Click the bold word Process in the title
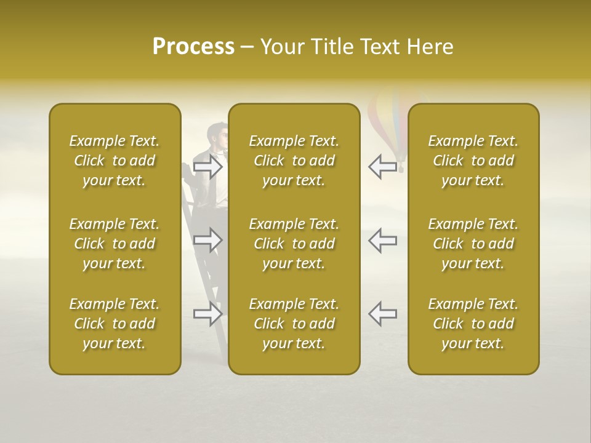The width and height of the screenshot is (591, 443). coord(193,47)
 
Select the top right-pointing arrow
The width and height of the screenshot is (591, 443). coord(208,166)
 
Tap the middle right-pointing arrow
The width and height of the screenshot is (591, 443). coord(208,240)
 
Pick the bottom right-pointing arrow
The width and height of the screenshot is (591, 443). coord(208,314)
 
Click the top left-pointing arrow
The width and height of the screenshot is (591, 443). coord(383,166)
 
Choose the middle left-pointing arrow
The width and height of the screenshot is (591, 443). coord(383,240)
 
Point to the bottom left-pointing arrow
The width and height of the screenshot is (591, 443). coord(383,314)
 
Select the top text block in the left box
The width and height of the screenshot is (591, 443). coord(115,161)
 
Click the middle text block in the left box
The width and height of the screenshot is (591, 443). coord(115,244)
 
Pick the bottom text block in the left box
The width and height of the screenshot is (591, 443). coord(115,324)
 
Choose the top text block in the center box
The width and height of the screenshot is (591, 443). coord(294,161)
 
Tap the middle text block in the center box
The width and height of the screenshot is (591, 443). coord(294,244)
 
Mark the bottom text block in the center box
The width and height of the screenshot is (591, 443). coord(294,324)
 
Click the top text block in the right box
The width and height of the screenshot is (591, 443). coord(473,161)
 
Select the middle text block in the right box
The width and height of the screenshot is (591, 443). coord(473,244)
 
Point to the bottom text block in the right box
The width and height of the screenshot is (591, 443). coord(473,324)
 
